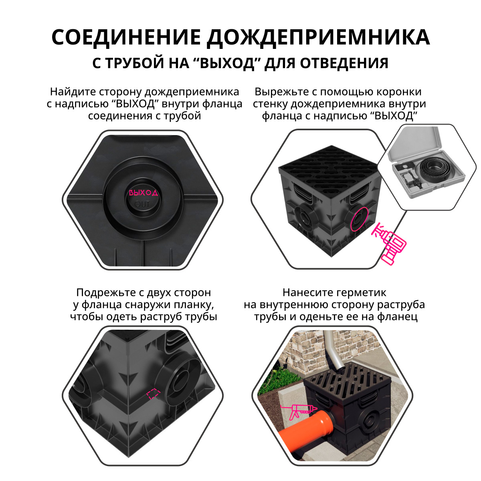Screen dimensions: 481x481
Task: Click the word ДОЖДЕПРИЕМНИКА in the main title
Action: click(x=318, y=37)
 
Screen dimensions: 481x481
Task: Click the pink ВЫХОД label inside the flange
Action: click(x=143, y=192)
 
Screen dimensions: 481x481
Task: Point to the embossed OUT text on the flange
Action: click(x=142, y=204)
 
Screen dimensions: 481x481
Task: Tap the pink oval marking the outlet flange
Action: click(x=359, y=219)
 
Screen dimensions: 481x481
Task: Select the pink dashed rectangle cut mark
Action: click(x=153, y=394)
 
